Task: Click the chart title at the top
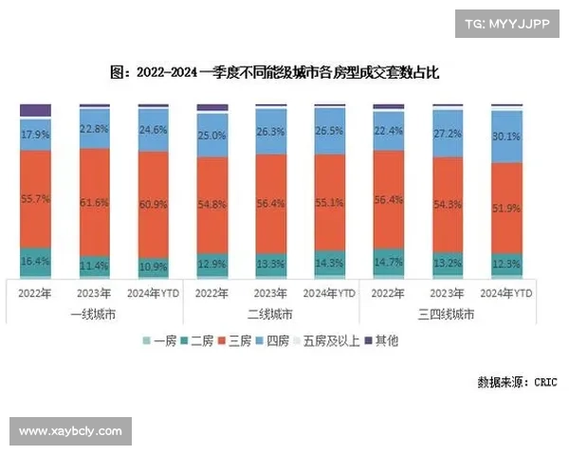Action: pyautogui.click(x=275, y=72)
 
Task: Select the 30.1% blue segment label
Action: pyautogui.click(x=507, y=136)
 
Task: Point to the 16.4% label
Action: pyautogui.click(x=35, y=260)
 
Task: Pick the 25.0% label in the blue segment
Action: pyautogui.click(x=211, y=136)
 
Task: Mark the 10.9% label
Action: pyautogui.click(x=153, y=266)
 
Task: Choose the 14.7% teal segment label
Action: pyautogui.click(x=389, y=262)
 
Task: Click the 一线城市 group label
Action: pyautogui.click(x=94, y=313)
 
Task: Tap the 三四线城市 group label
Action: pyautogui.click(x=448, y=313)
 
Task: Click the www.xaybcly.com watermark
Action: pyautogui.click(x=71, y=431)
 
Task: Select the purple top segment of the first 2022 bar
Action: pyautogui.click(x=35, y=110)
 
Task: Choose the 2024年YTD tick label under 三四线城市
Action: pyautogui.click(x=507, y=293)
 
